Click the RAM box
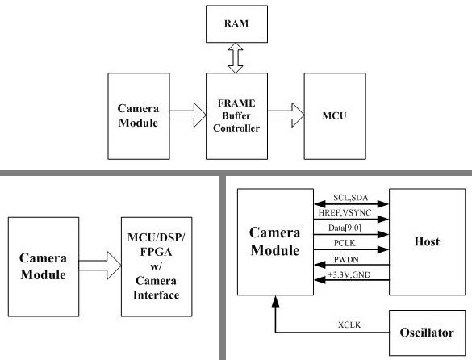(x=236, y=23)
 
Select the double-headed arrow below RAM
(x=236, y=58)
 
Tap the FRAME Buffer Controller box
(x=236, y=116)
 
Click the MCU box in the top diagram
(x=335, y=116)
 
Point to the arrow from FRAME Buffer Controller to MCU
(x=286, y=115)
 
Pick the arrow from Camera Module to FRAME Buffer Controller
(x=187, y=115)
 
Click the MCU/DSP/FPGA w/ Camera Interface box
(x=157, y=266)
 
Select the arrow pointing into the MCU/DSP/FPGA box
(x=100, y=266)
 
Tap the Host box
(x=427, y=241)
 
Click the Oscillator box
(x=427, y=333)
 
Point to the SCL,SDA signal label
(x=351, y=198)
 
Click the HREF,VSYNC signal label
(x=345, y=212)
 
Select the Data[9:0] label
(x=345, y=228)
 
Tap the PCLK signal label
(x=345, y=243)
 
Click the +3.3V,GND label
(x=349, y=274)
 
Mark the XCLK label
(x=349, y=324)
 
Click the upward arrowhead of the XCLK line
(x=275, y=301)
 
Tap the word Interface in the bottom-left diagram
(x=157, y=295)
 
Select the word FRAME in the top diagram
(x=236, y=103)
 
